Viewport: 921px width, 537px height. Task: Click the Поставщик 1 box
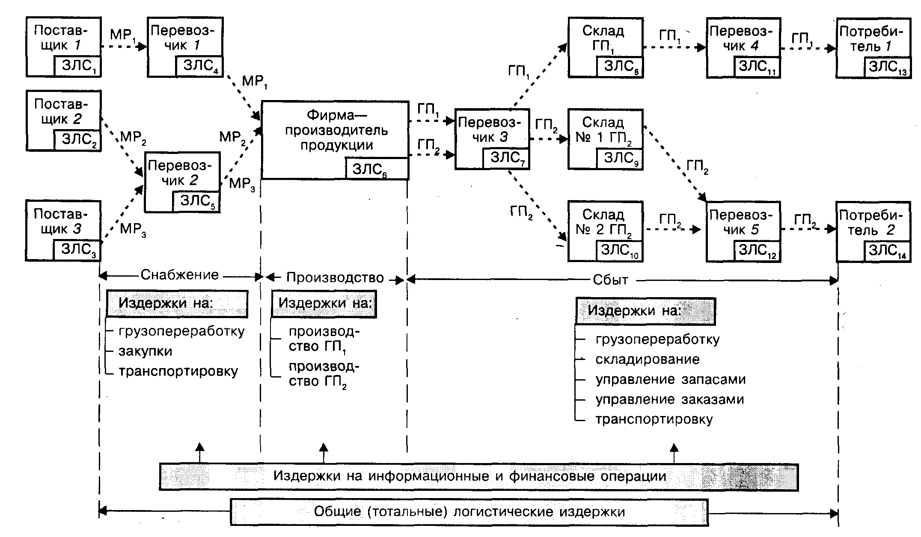click(63, 47)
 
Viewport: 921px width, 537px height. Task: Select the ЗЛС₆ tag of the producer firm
click(377, 168)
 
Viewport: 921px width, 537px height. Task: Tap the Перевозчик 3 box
click(492, 139)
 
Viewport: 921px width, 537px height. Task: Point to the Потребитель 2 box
click(873, 231)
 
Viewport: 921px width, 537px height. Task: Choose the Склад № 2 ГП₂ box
click(605, 231)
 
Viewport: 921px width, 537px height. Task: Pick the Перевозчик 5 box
click(743, 231)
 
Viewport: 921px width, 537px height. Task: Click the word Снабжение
click(180, 274)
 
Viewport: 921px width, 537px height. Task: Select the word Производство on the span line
click(335, 278)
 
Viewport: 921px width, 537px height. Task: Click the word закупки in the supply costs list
click(146, 351)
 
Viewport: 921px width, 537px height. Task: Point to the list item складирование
click(648, 359)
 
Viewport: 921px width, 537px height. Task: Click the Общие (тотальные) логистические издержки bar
click(469, 512)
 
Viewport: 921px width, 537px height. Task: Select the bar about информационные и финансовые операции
click(478, 477)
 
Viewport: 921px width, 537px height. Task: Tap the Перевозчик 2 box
click(182, 182)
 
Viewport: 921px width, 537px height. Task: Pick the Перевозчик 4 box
click(743, 47)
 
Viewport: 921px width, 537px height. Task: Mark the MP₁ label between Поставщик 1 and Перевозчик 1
click(123, 35)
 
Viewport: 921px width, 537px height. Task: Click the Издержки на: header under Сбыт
click(645, 311)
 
